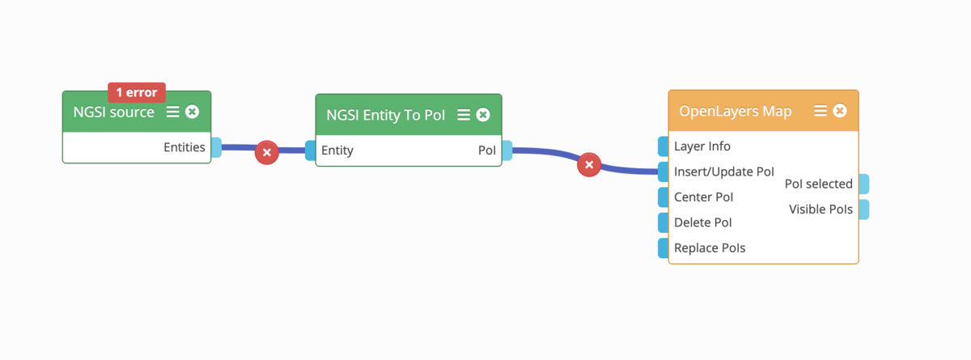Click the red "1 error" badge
click(137, 92)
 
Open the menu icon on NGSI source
click(172, 112)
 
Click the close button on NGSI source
click(192, 112)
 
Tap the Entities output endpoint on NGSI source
click(216, 147)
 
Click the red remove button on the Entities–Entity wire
click(266, 152)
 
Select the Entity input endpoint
click(311, 150)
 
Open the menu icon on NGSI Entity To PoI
click(464, 115)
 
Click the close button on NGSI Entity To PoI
click(483, 115)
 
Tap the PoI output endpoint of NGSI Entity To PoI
click(507, 150)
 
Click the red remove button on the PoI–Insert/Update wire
click(589, 164)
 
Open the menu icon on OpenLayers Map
click(820, 111)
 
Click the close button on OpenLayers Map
click(840, 111)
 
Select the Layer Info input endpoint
click(664, 146)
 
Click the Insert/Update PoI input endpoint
click(664, 172)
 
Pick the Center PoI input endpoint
click(664, 197)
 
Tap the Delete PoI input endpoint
click(664, 222)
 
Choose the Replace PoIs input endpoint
click(664, 248)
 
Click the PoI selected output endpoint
click(864, 184)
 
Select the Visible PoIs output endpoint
click(864, 210)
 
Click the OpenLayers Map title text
click(736, 112)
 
